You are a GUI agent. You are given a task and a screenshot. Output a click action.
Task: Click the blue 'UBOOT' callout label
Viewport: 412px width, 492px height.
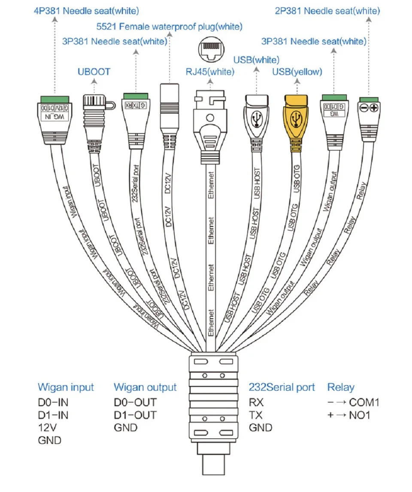pyautogui.click(x=94, y=72)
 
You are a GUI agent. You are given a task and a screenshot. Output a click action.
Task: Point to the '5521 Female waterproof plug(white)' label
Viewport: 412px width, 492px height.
pyautogui.click(x=169, y=27)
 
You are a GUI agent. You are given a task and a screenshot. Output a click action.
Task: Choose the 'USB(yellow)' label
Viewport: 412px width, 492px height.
pyautogui.click(x=297, y=72)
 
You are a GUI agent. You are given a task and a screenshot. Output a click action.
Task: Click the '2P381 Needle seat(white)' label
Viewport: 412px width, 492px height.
pyautogui.click(x=327, y=11)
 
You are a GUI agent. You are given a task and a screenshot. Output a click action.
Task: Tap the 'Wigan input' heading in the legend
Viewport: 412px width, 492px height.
pyautogui.click(x=66, y=387)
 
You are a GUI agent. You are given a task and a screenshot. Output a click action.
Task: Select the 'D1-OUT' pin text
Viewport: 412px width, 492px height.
pyautogui.click(x=135, y=415)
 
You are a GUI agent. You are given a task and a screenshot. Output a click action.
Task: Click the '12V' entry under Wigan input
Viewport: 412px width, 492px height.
pyautogui.click(x=47, y=427)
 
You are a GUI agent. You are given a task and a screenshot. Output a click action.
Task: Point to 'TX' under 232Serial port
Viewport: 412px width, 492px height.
pyautogui.click(x=256, y=415)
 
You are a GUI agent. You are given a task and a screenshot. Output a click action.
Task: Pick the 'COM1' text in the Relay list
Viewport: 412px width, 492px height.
pyautogui.click(x=364, y=402)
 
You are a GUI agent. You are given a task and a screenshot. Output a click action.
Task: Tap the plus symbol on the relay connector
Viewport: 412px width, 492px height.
pyautogui.click(x=374, y=108)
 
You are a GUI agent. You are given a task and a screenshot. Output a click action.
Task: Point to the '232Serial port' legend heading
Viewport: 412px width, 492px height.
pyautogui.click(x=282, y=387)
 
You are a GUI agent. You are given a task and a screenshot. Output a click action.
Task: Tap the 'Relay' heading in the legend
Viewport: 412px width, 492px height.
pyautogui.click(x=341, y=387)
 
